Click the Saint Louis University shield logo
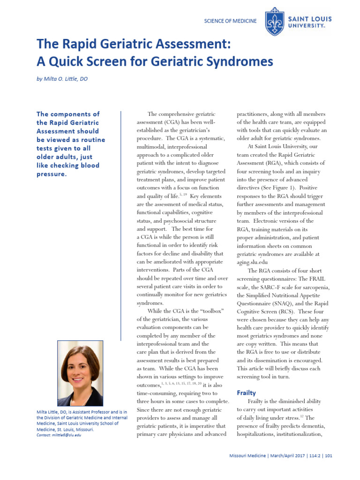click(x=274, y=22)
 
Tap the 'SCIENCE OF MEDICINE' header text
click(x=231, y=21)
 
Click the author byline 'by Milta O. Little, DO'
click(x=62, y=79)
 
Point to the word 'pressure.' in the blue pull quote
click(x=52, y=174)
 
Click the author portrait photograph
click(x=80, y=373)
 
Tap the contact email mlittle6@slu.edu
click(x=59, y=435)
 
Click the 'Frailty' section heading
click(x=246, y=393)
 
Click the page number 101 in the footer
click(x=329, y=456)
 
